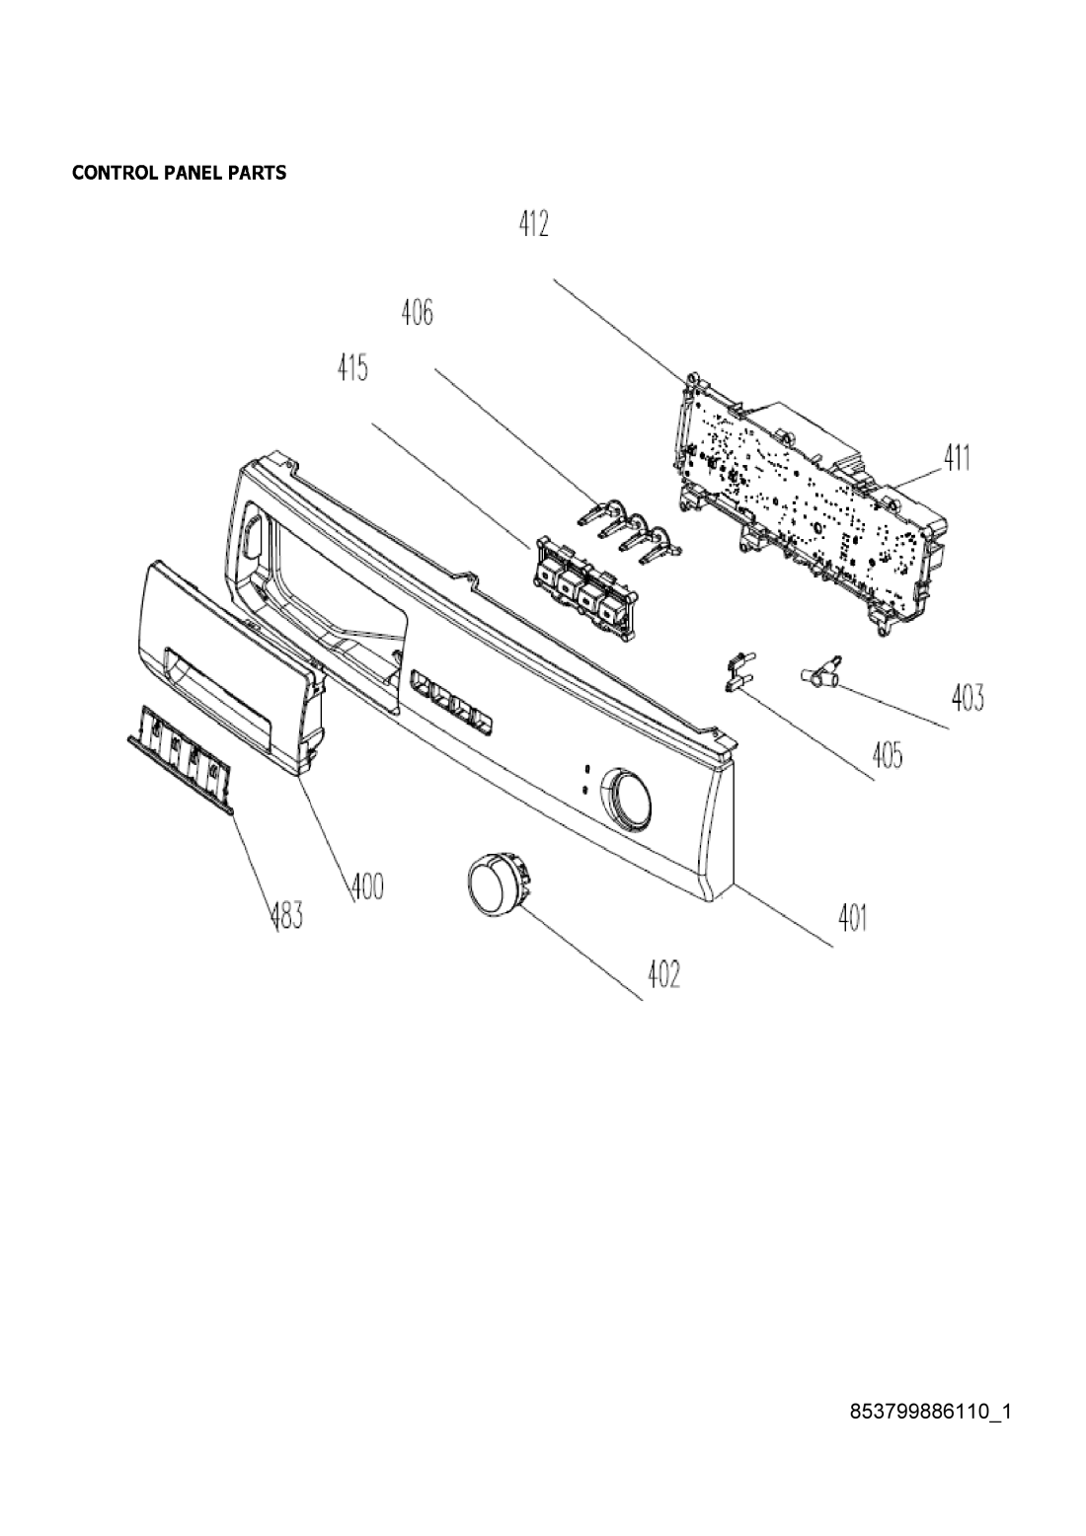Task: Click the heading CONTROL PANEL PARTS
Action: (x=179, y=173)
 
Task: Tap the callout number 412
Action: (x=533, y=223)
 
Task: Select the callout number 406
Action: (x=417, y=313)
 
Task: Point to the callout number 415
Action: (x=352, y=367)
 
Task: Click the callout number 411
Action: (x=957, y=458)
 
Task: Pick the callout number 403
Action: (x=968, y=697)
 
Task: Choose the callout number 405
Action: (x=888, y=755)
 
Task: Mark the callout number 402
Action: (x=663, y=974)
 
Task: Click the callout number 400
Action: (x=367, y=886)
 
